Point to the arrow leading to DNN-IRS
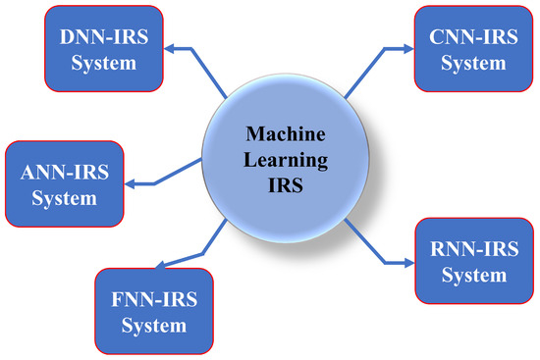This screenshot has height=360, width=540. (x=196, y=69)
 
